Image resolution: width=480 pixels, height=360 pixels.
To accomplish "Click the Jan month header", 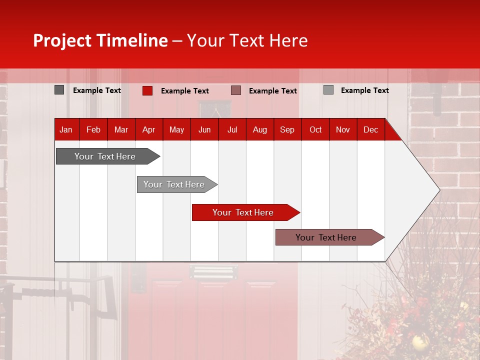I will point(66,129).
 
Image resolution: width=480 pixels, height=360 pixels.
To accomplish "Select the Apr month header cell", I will point(149,129).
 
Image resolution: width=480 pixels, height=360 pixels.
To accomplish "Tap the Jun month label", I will point(204,129).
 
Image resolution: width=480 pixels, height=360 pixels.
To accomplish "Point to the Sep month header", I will point(287,129).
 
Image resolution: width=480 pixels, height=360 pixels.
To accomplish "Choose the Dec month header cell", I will point(370,129).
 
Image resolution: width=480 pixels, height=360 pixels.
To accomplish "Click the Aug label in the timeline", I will point(260,129).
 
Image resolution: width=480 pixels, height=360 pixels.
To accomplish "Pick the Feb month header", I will point(93,129).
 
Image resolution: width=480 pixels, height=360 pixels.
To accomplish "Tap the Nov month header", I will point(343,129).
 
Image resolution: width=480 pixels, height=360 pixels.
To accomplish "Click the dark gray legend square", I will point(59,90).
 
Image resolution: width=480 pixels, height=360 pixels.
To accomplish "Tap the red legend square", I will point(147,90).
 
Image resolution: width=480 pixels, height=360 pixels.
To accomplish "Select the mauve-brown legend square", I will point(236,90).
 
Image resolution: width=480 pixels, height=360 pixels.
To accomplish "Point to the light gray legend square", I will point(328,90).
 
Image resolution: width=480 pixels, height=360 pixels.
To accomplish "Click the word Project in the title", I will point(62,40).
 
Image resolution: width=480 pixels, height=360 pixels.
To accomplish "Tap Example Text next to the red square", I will point(185,91).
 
